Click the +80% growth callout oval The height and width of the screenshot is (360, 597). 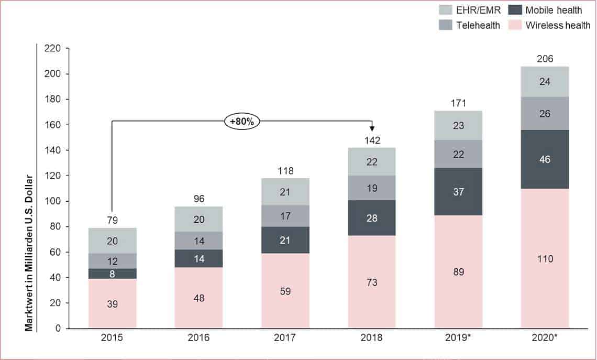pyautogui.click(x=243, y=122)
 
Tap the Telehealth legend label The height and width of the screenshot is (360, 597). pyautogui.click(x=478, y=25)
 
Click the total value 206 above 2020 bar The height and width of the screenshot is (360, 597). pyautogui.click(x=545, y=59)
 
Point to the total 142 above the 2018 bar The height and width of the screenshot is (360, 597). pyautogui.click(x=372, y=140)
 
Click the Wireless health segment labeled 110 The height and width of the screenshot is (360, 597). pyautogui.click(x=545, y=258)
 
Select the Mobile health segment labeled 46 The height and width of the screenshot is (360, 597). pyautogui.click(x=545, y=159)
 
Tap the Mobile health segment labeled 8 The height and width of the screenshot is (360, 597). pyautogui.click(x=112, y=274)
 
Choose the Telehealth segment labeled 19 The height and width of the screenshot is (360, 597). pyautogui.click(x=372, y=188)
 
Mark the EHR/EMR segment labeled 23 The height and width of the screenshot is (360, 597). pyautogui.click(x=458, y=125)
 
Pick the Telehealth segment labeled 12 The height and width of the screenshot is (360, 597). pyautogui.click(x=112, y=261)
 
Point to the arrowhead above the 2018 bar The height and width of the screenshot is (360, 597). pyautogui.click(x=372, y=129)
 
